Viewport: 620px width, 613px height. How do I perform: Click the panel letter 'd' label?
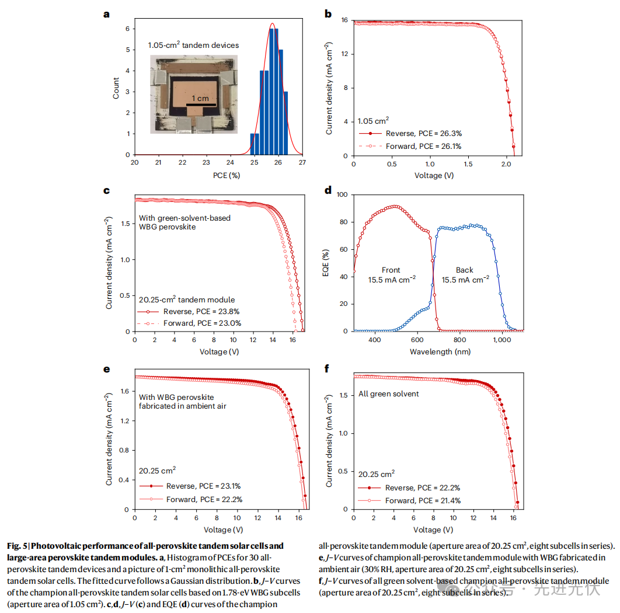(x=328, y=190)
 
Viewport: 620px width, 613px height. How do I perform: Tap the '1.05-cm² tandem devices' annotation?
(x=193, y=45)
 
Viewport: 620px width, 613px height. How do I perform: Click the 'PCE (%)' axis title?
(x=218, y=175)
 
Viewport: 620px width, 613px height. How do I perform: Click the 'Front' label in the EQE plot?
(x=391, y=270)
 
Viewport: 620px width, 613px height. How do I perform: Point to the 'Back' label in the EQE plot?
(x=465, y=270)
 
